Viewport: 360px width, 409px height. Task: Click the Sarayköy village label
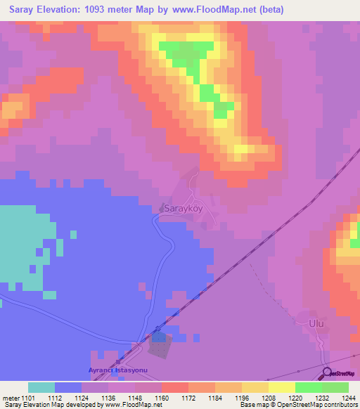point(183,209)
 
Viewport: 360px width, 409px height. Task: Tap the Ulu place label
point(317,325)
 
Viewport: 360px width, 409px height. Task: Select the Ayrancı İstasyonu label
point(115,370)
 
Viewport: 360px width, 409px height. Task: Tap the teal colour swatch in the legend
point(41,388)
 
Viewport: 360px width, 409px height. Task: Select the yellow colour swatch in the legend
point(281,388)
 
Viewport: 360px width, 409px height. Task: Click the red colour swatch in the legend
point(174,388)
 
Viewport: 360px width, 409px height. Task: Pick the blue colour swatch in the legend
point(68,388)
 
